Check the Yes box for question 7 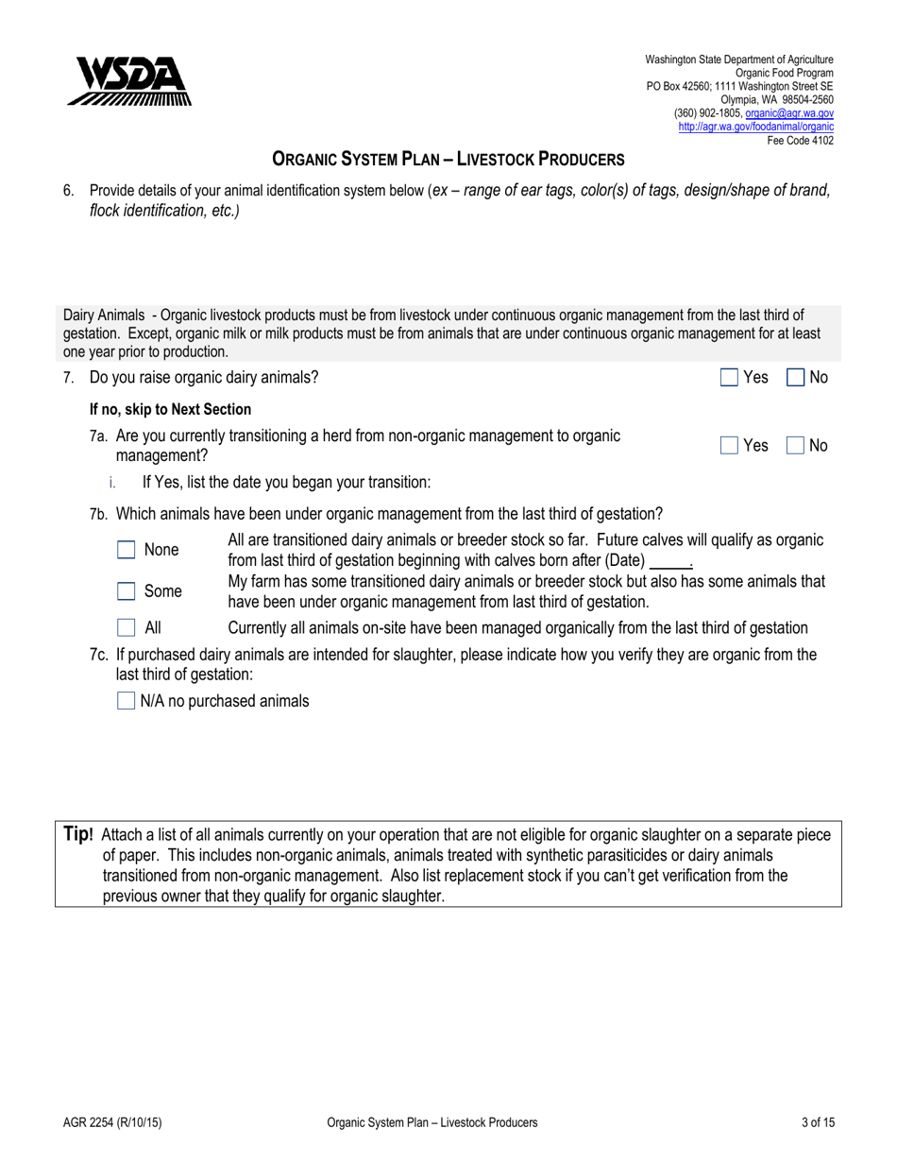tap(728, 378)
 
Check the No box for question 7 tap(795, 378)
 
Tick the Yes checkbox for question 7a tap(728, 445)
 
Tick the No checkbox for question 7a tap(795, 445)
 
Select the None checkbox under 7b tap(126, 550)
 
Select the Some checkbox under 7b tap(126, 592)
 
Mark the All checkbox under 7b tap(126, 627)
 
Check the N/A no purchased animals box tap(126, 701)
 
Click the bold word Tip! tap(78, 834)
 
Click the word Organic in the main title tap(310, 161)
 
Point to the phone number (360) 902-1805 tap(707, 112)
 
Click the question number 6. tap(68, 191)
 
